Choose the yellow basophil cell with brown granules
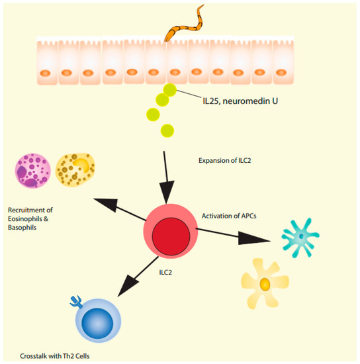pyautogui.click(x=72, y=169)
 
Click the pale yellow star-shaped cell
pyautogui.click(x=265, y=283)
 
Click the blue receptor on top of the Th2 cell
pyautogui.click(x=74, y=302)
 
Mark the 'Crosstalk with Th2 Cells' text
pyautogui.click(x=55, y=355)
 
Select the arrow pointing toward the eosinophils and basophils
pyautogui.click(x=120, y=208)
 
